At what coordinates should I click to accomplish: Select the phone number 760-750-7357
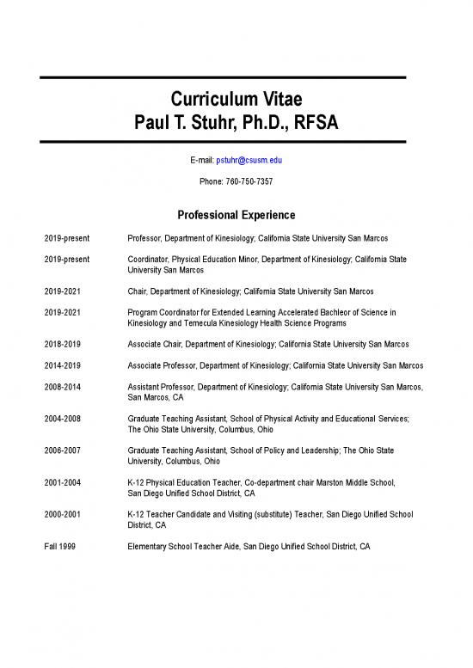pyautogui.click(x=249, y=181)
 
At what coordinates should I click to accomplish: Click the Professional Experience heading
pyautogui.click(x=236, y=214)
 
